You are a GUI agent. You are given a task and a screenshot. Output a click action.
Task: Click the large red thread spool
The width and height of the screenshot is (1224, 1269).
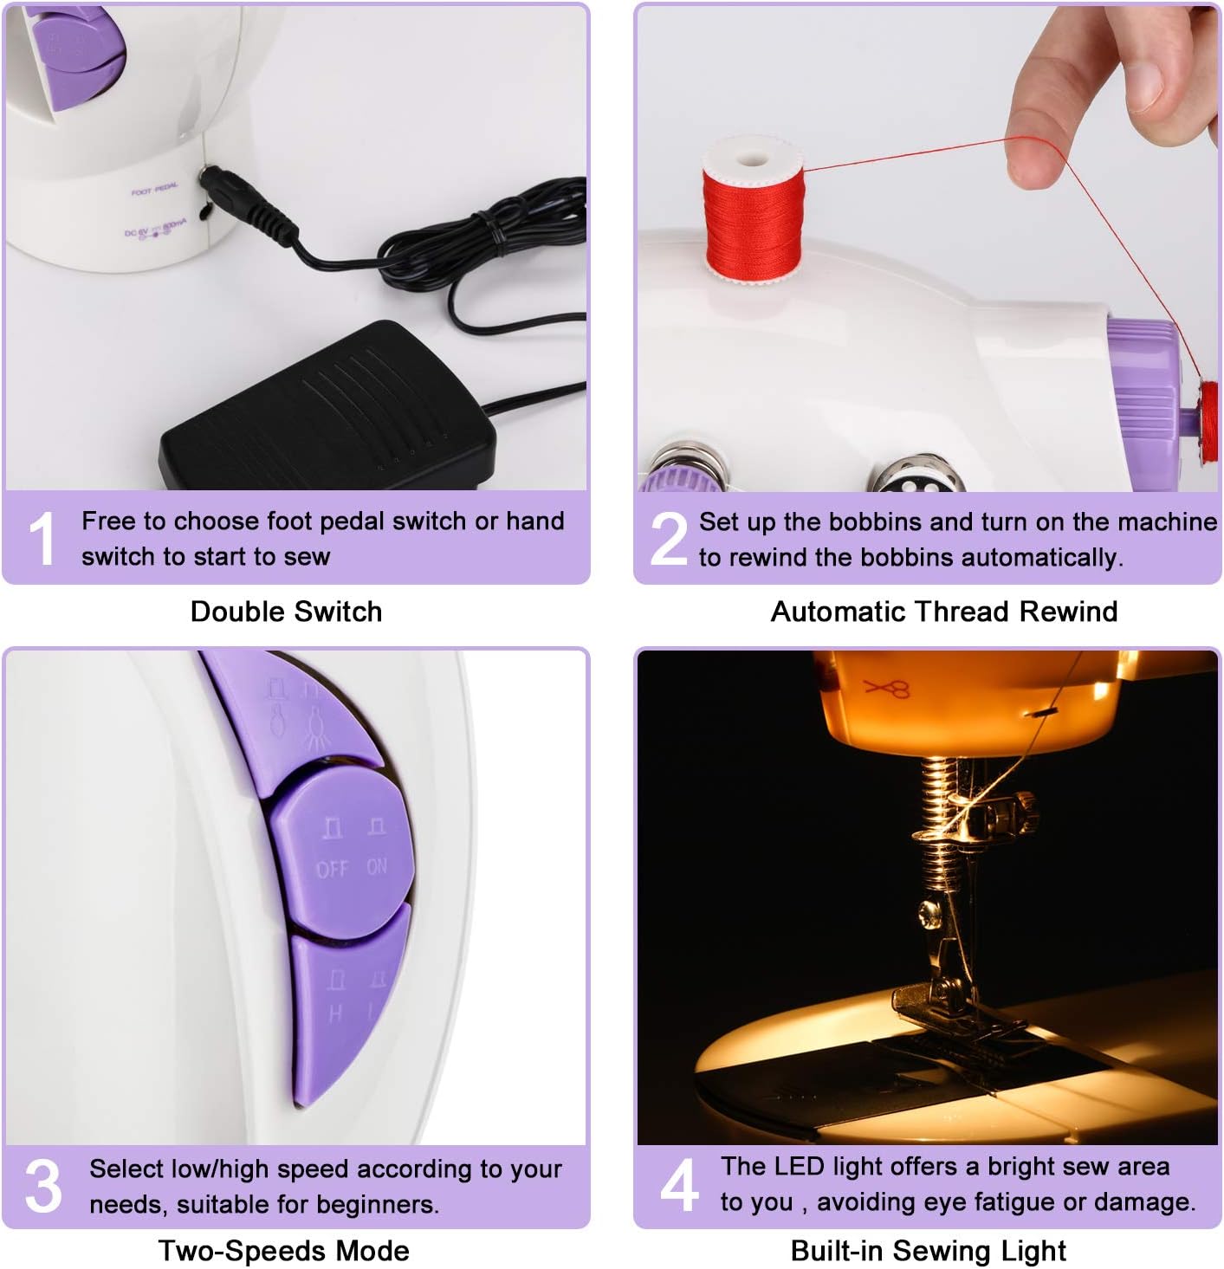[752, 212]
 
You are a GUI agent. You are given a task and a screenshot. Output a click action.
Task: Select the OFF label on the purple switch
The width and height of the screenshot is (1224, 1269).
[332, 868]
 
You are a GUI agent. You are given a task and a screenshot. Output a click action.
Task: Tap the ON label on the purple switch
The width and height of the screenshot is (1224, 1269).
[378, 866]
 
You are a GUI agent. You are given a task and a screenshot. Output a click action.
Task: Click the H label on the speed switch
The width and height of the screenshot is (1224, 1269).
[335, 1013]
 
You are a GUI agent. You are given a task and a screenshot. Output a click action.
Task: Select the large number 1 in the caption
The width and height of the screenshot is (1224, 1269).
[42, 539]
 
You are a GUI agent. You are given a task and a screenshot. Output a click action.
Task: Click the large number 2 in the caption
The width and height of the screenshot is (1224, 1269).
[669, 539]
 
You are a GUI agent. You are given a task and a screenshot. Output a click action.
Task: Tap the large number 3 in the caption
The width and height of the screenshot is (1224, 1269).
[43, 1187]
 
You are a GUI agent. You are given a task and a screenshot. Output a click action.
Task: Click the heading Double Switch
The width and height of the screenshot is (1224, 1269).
[286, 612]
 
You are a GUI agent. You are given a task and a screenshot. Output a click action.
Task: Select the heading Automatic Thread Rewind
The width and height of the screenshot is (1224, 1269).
[943, 612]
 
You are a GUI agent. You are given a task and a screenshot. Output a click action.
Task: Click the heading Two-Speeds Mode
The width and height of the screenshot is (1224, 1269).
[284, 1251]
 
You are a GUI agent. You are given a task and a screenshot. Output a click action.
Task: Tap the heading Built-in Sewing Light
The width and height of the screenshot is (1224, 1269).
[928, 1251]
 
